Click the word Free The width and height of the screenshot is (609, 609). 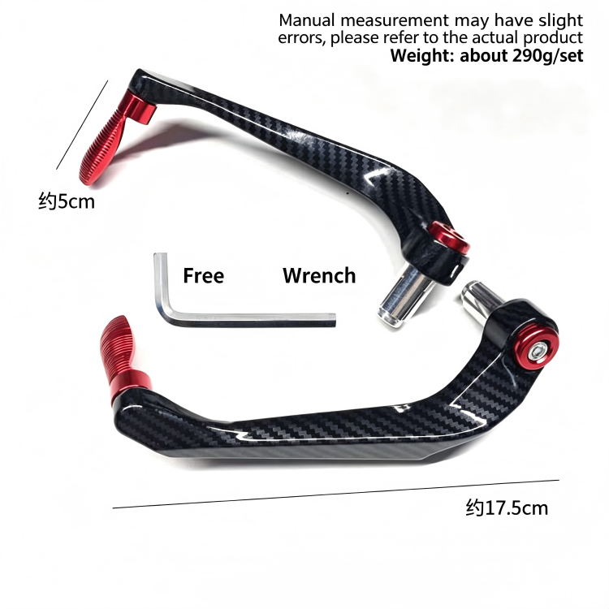(204, 276)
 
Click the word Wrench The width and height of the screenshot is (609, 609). (319, 276)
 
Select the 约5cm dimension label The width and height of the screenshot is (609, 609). (67, 201)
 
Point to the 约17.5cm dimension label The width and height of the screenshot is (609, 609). (507, 508)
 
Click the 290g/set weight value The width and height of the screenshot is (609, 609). (547, 56)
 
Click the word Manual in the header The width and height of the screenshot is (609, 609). (307, 20)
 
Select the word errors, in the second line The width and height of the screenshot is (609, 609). (302, 38)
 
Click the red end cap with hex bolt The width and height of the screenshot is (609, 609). (537, 348)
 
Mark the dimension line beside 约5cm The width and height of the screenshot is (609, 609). (82, 125)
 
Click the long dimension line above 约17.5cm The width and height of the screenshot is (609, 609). (336, 494)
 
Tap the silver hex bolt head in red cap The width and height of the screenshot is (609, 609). (538, 352)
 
